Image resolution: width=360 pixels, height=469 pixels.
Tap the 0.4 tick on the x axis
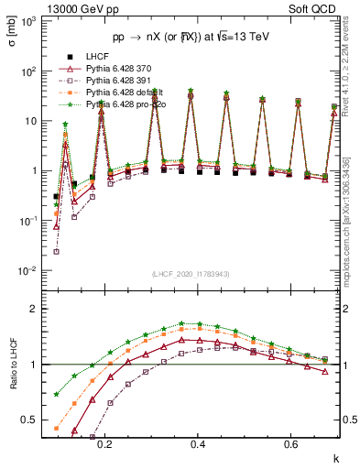click(x=198, y=443)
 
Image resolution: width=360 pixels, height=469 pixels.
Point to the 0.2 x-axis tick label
click(x=104, y=443)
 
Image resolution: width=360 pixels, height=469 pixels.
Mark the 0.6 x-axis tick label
click(x=291, y=443)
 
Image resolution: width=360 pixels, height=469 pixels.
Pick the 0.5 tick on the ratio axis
click(x=32, y=420)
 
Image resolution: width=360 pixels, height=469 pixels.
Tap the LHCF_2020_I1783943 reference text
click(x=190, y=274)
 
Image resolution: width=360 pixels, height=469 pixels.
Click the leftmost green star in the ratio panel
click(x=57, y=395)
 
